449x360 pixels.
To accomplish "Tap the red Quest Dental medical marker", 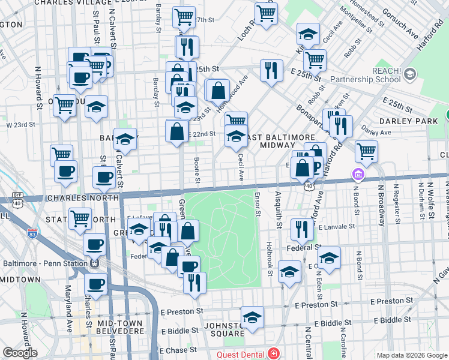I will coord(274,354).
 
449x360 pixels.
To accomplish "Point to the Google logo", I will coord(19,353).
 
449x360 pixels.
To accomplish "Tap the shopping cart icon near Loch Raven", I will coord(265,12).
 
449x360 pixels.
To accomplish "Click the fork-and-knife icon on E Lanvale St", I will coord(301,229).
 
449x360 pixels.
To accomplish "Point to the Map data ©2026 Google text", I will coord(411,355).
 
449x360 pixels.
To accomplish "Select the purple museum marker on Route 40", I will coord(358,175).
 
